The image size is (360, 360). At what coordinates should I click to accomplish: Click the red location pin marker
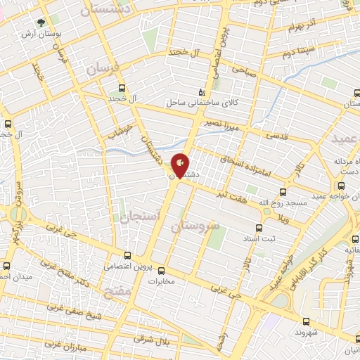181,166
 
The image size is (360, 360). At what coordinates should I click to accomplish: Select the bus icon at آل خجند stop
122,89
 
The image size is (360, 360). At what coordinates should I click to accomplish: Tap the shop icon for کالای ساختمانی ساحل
202,91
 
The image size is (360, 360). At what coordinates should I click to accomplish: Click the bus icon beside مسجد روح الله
283,191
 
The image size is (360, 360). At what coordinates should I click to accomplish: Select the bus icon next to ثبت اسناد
259,229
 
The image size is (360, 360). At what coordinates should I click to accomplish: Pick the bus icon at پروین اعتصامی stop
127,256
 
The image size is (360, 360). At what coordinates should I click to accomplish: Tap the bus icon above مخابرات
161,270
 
